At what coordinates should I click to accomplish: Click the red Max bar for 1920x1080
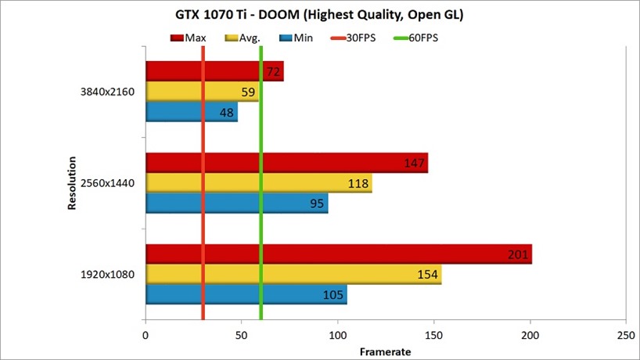coord(336,254)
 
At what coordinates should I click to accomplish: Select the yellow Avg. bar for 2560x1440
coord(258,183)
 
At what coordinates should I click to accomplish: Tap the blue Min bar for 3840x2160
coord(192,112)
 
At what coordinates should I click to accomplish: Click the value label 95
coord(316,203)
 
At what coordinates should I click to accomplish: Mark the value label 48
coord(227,112)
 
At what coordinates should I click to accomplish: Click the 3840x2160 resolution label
coord(108,92)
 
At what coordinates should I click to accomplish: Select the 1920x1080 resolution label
coord(108,274)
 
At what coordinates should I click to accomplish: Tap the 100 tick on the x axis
coord(338,334)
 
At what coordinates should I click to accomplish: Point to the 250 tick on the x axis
coord(625,334)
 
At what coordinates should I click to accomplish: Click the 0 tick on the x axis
coord(146,334)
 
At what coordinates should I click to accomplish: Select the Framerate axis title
coord(385,351)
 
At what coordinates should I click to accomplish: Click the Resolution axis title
coord(71,183)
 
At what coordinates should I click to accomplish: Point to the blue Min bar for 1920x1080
coord(246,294)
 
